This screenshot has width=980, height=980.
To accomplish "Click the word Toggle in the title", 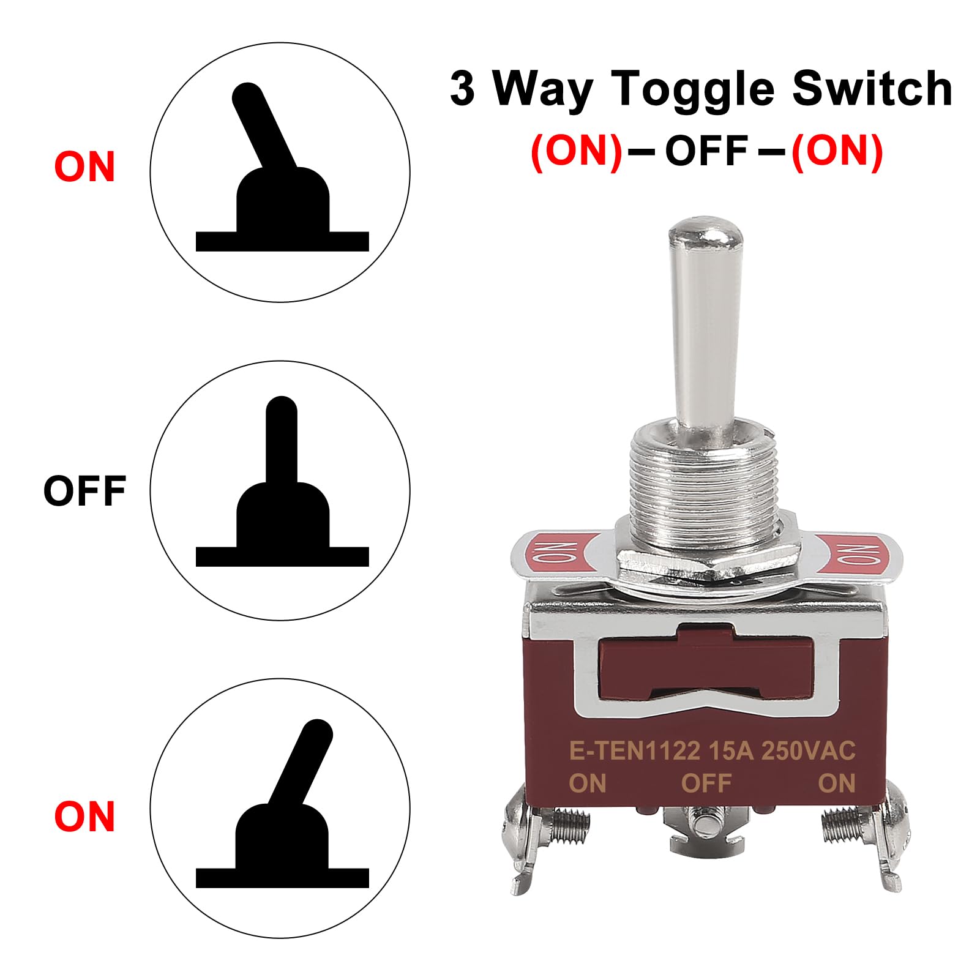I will click(x=694, y=89).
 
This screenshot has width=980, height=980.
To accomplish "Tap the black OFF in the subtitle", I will click(x=706, y=150).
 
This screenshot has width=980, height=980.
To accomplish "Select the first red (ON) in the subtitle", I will click(x=576, y=150).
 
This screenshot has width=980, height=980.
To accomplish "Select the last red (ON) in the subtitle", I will click(x=837, y=150).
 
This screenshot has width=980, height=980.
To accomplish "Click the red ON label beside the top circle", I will click(x=84, y=166).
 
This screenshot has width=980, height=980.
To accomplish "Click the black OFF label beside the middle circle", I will click(x=84, y=490).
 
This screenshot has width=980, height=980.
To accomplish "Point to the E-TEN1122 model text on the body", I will click(x=634, y=750).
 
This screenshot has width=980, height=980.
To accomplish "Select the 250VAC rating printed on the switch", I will click(x=808, y=750).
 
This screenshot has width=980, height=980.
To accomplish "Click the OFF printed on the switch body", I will click(x=706, y=783).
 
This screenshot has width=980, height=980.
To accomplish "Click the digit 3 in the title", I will click(x=463, y=89).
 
